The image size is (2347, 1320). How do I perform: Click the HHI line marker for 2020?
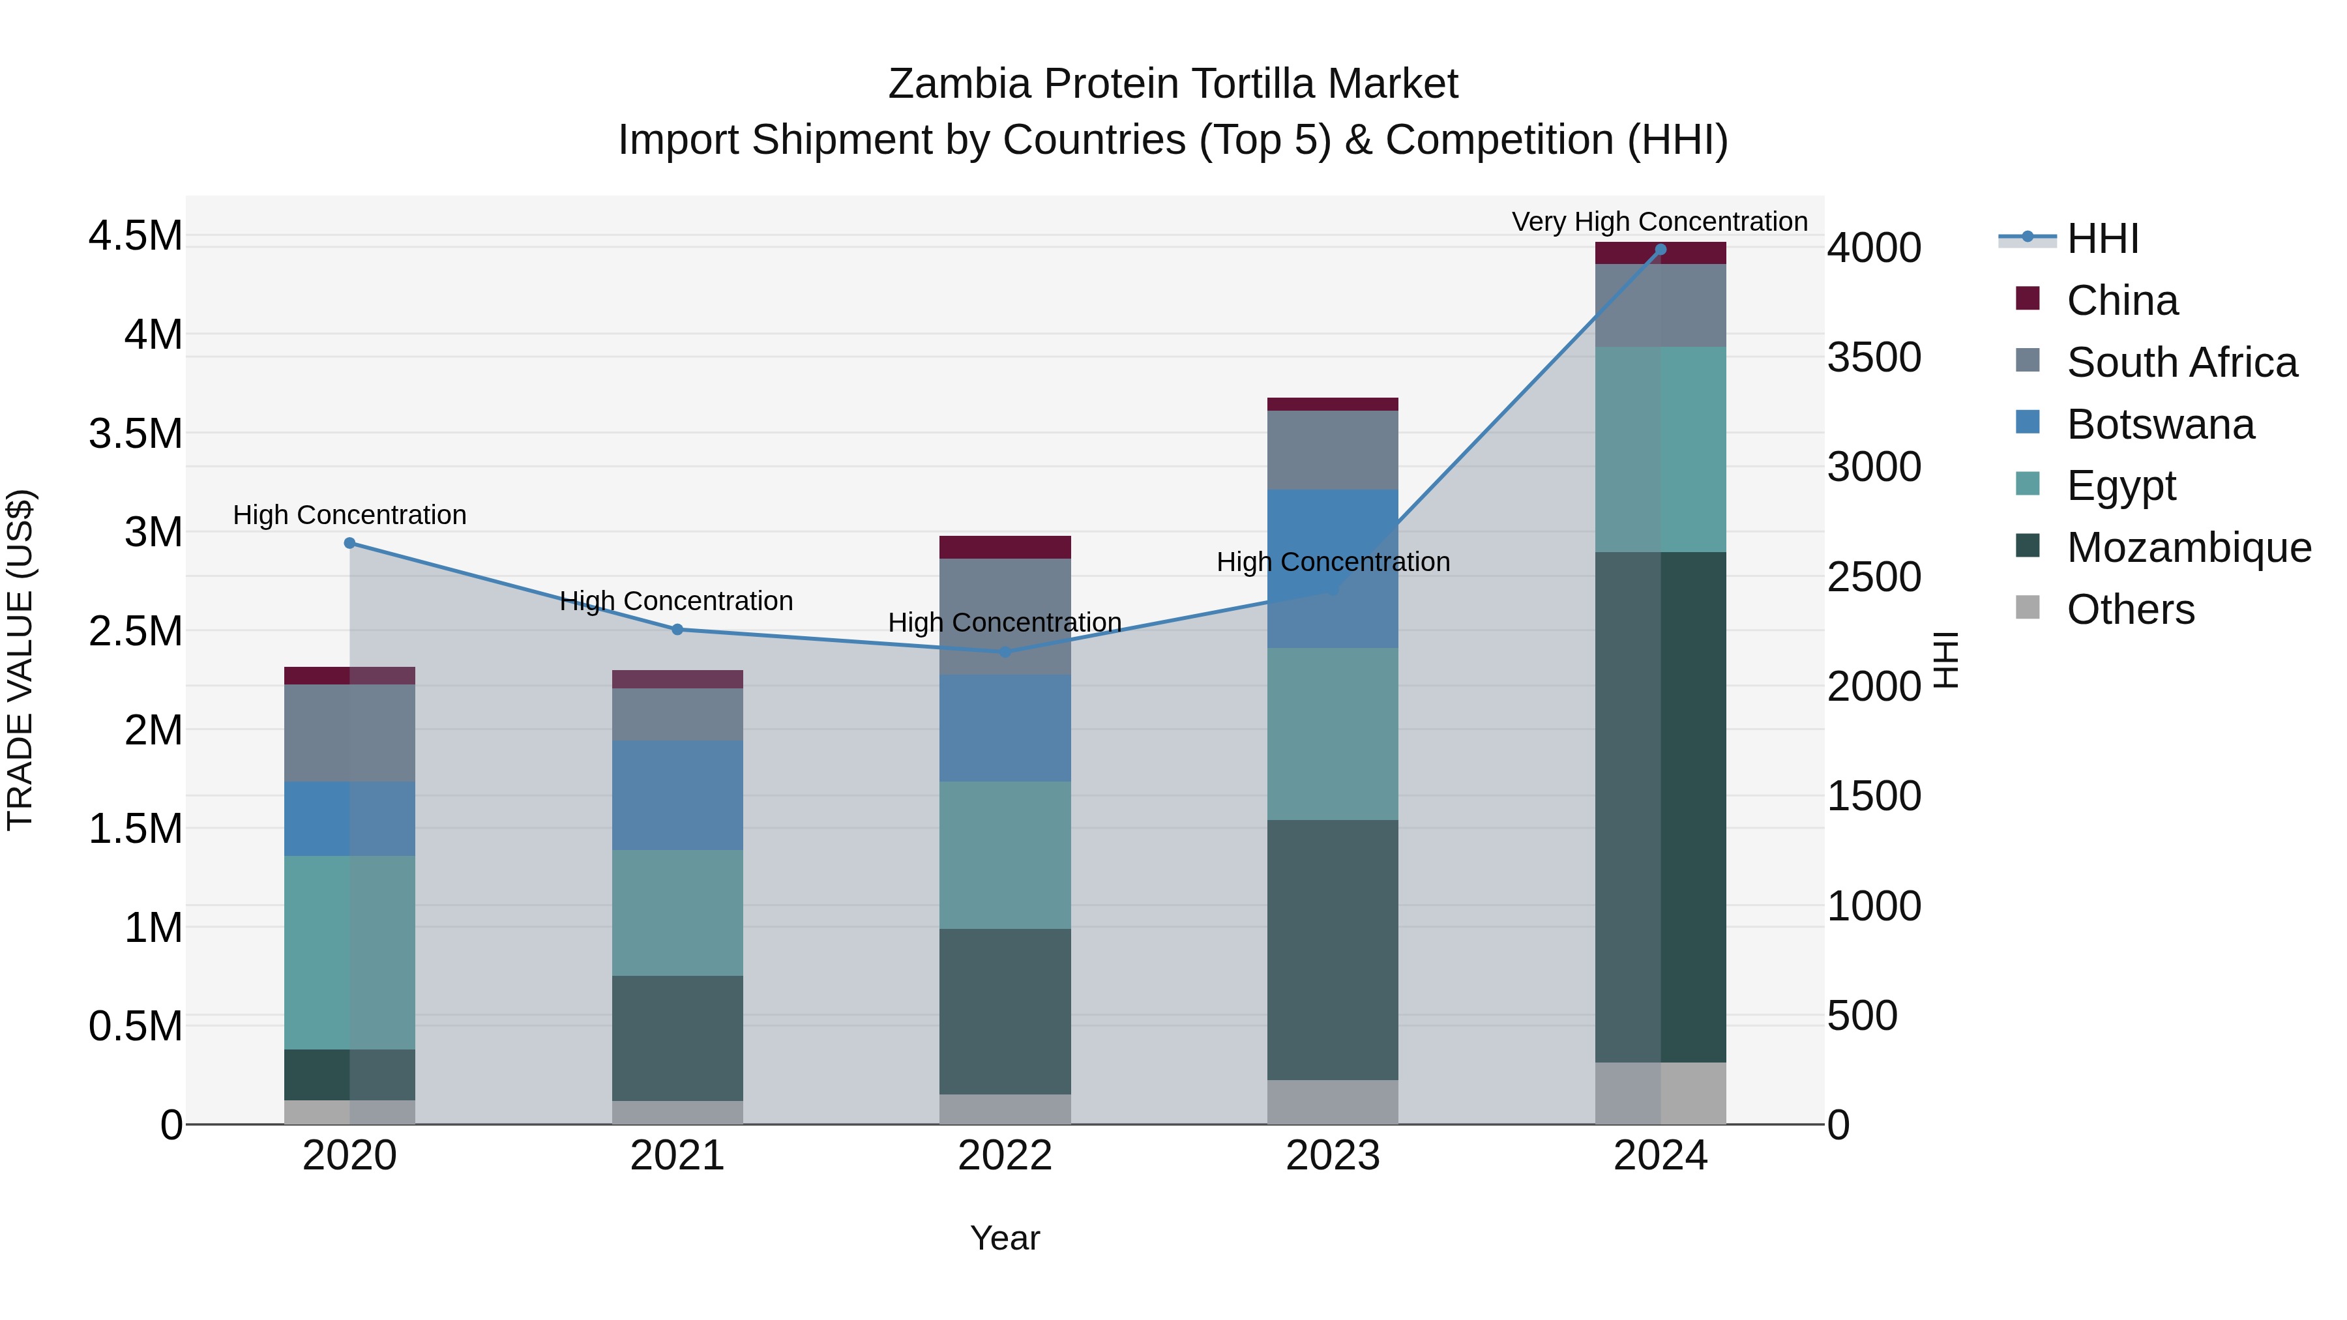(x=350, y=543)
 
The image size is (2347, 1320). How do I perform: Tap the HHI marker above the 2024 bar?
(x=1660, y=250)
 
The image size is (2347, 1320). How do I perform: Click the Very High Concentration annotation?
(x=1659, y=222)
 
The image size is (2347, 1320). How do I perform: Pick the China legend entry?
(x=2122, y=301)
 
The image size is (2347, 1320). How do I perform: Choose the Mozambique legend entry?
(x=2189, y=548)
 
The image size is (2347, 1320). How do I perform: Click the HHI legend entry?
(x=2102, y=239)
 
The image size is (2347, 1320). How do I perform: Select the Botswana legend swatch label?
(x=2161, y=424)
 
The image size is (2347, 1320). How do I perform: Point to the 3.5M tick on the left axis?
(x=136, y=433)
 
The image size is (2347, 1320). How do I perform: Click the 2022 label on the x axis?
(x=1005, y=1156)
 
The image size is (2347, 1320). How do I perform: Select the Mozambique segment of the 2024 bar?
(x=1660, y=806)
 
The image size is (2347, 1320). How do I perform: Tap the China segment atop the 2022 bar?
(x=1005, y=548)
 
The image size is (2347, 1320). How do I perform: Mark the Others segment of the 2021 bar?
(x=677, y=1112)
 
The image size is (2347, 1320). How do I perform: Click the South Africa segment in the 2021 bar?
(x=677, y=714)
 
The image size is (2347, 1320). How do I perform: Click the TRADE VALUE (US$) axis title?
(x=20, y=660)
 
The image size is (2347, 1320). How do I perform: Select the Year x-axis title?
(x=1005, y=1238)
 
